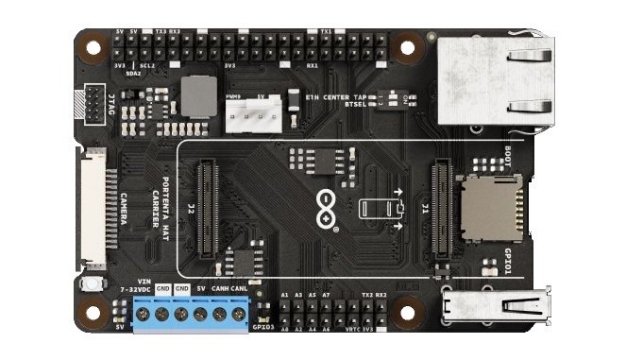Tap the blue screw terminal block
(191, 313)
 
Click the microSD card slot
(489, 207)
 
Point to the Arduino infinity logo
(327, 208)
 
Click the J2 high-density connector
(207, 210)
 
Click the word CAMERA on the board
(124, 215)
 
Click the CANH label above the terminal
(219, 288)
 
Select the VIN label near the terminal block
(144, 281)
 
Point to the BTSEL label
(354, 104)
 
